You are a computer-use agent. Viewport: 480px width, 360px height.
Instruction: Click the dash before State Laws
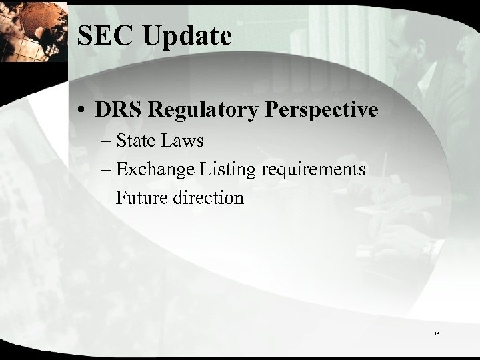(x=107, y=141)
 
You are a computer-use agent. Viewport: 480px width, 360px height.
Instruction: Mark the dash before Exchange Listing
(x=107, y=169)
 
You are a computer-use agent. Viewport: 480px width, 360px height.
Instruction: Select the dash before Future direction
(x=107, y=198)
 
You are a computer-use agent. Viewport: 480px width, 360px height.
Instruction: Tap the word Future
(x=141, y=198)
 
